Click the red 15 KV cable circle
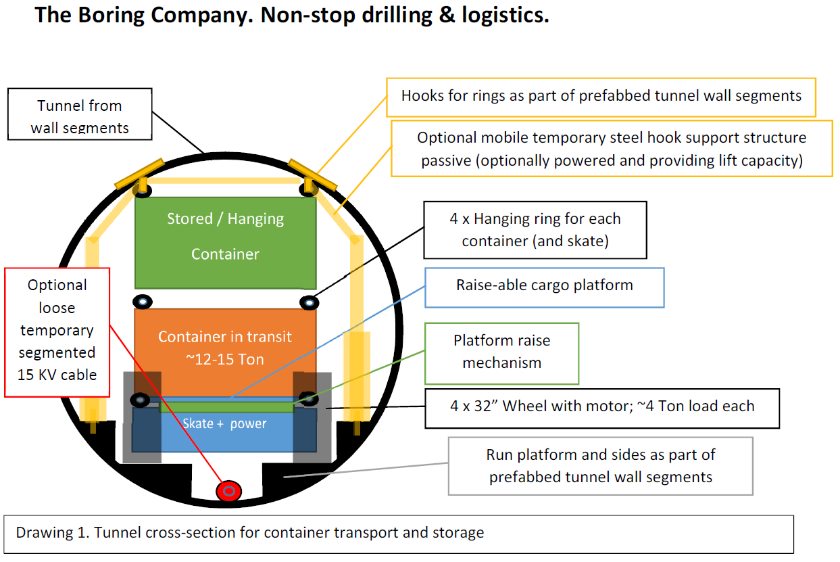point(229,491)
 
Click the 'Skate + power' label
point(224,424)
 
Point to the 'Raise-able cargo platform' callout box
point(544,285)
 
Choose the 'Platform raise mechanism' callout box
point(501,352)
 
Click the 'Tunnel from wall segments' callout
point(80,116)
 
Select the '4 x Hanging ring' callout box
point(535,229)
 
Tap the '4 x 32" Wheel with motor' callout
point(601,407)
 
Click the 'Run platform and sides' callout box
point(600,466)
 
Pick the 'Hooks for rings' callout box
point(601,96)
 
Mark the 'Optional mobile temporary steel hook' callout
point(611,149)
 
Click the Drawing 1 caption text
point(250,532)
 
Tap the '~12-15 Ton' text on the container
point(225,360)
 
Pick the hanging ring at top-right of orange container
point(308,302)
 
